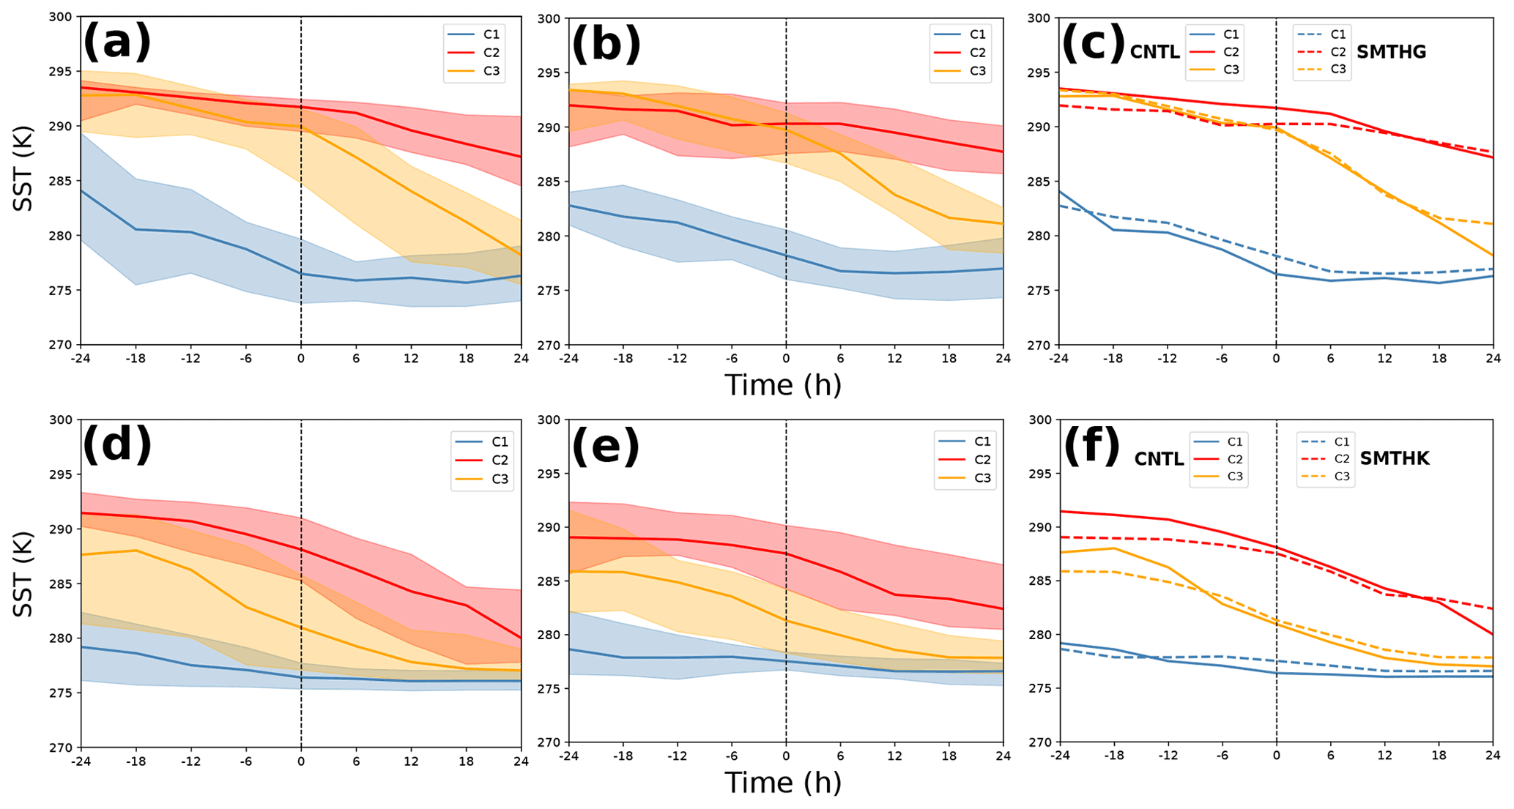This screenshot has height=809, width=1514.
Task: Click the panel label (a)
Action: pyautogui.click(x=117, y=42)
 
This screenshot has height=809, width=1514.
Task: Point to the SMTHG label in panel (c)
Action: pyautogui.click(x=1391, y=52)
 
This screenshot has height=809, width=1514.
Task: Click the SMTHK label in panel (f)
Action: pyautogui.click(x=1395, y=458)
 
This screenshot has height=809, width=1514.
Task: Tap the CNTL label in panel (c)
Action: pyautogui.click(x=1154, y=52)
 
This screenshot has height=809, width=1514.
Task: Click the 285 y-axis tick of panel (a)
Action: pyautogui.click(x=64, y=181)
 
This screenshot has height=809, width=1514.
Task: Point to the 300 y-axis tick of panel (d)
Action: pyautogui.click(x=64, y=420)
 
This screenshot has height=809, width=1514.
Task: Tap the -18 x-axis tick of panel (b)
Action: pyautogui.click(x=622, y=359)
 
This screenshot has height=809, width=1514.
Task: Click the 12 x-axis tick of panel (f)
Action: pyautogui.click(x=1384, y=756)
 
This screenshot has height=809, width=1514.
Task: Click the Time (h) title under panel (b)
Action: pyautogui.click(x=783, y=385)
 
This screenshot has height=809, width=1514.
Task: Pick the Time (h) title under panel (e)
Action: pyautogui.click(x=783, y=783)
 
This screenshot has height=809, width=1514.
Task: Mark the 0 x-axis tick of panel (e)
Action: pyautogui.click(x=786, y=756)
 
